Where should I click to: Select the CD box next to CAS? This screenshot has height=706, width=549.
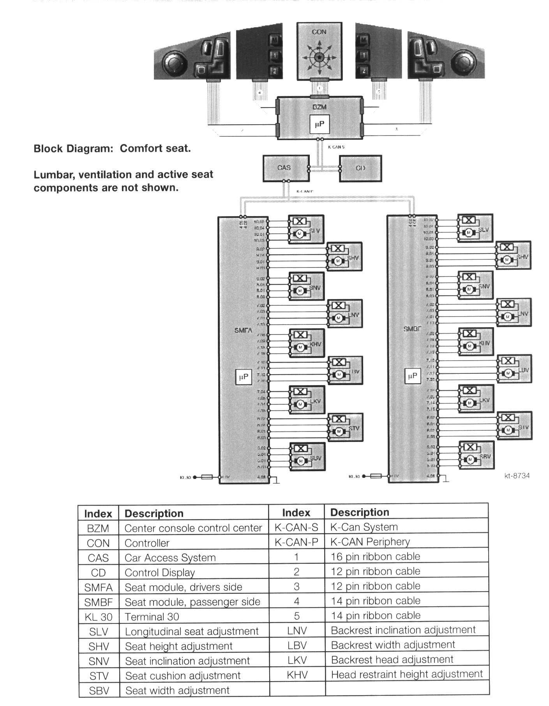360,168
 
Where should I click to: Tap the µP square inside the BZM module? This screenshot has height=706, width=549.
319,124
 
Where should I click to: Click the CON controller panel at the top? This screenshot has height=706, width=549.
320,51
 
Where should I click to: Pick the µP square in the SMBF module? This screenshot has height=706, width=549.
412,376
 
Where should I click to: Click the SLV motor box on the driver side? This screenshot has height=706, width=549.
306,229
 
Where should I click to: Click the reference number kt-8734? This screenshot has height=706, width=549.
517,475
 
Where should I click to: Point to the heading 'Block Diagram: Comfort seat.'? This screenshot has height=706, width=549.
112,148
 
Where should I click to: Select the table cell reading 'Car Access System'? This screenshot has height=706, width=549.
170,558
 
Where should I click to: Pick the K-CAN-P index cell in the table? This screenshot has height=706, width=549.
296,542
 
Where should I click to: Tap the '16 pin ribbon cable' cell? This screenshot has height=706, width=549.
375,556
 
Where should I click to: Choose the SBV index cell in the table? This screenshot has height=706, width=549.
98,691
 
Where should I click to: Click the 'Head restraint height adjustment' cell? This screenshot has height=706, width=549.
407,674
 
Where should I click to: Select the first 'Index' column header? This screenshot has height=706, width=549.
98,514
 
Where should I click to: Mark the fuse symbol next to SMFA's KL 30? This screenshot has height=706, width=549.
207,477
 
